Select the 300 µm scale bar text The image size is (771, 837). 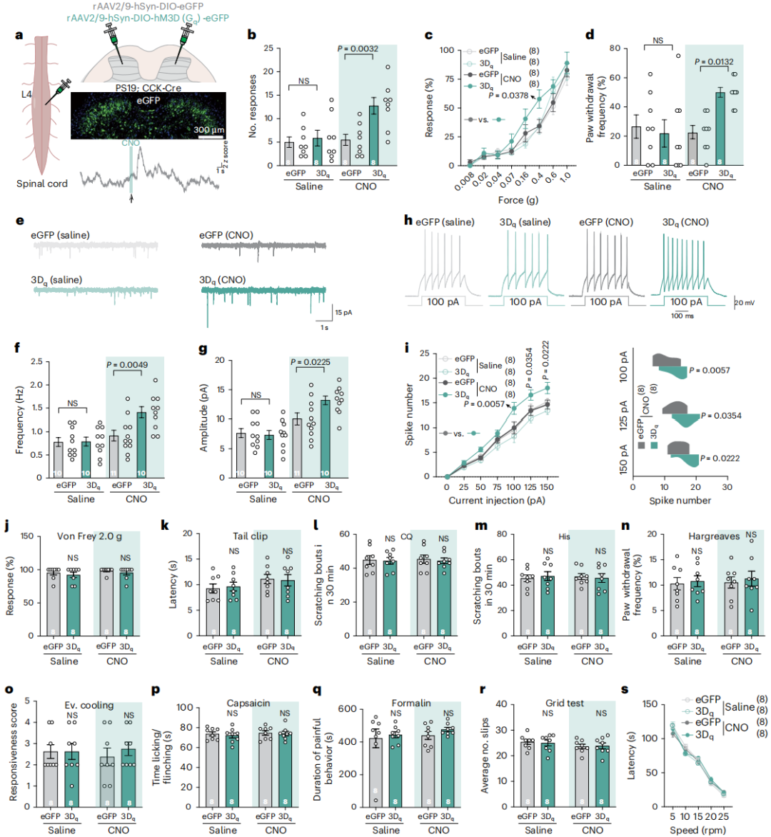[208, 130]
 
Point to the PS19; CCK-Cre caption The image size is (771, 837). [148, 88]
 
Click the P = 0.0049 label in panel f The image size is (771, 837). [128, 365]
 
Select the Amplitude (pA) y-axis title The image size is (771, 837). [204, 416]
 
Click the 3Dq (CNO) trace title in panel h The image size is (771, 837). [685, 222]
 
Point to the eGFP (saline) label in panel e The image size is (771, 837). [60, 235]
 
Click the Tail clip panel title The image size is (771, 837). [250, 536]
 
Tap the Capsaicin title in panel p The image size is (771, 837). [248, 703]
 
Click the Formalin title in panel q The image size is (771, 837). [411, 703]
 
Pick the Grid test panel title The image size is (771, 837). [565, 703]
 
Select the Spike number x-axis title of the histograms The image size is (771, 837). [679, 501]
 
